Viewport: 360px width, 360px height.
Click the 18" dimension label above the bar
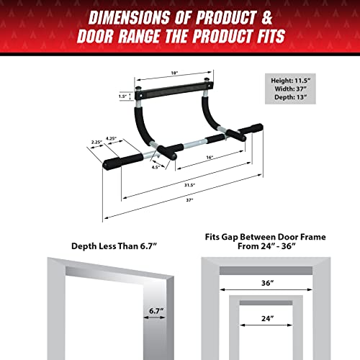pyautogui.click(x=174, y=73)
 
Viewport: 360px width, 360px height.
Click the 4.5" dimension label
pyautogui.click(x=155, y=167)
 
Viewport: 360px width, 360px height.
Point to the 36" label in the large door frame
pyautogui.click(x=267, y=283)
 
